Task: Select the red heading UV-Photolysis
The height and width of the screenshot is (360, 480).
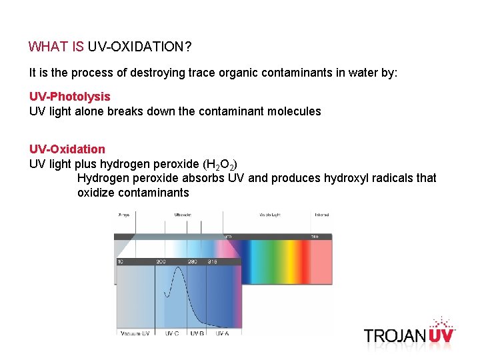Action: (x=69, y=97)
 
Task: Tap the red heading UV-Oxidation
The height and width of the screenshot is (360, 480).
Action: (x=67, y=149)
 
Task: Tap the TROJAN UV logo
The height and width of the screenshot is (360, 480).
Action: (x=409, y=333)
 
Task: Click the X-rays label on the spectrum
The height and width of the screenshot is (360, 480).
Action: (x=124, y=215)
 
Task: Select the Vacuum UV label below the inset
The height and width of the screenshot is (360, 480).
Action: (x=135, y=332)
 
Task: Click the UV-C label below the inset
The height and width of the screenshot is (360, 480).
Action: (x=172, y=332)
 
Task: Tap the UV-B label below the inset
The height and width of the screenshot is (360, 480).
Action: (x=197, y=332)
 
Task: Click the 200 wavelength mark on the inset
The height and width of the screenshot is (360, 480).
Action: (x=161, y=262)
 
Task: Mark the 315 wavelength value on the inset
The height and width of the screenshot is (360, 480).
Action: (x=212, y=262)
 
